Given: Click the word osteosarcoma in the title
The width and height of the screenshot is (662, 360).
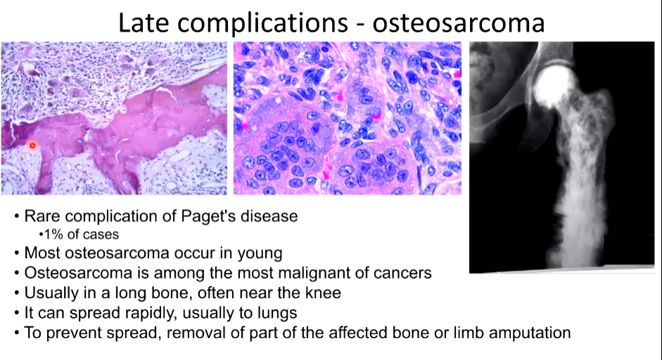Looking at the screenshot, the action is click(458, 22).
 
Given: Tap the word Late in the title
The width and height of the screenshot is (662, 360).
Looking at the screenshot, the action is click(143, 22).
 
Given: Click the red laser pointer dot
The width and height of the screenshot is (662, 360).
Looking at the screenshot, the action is click(32, 146).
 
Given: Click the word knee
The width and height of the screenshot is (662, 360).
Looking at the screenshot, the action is click(324, 292).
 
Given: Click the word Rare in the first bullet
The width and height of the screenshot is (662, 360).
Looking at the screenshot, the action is click(42, 216).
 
